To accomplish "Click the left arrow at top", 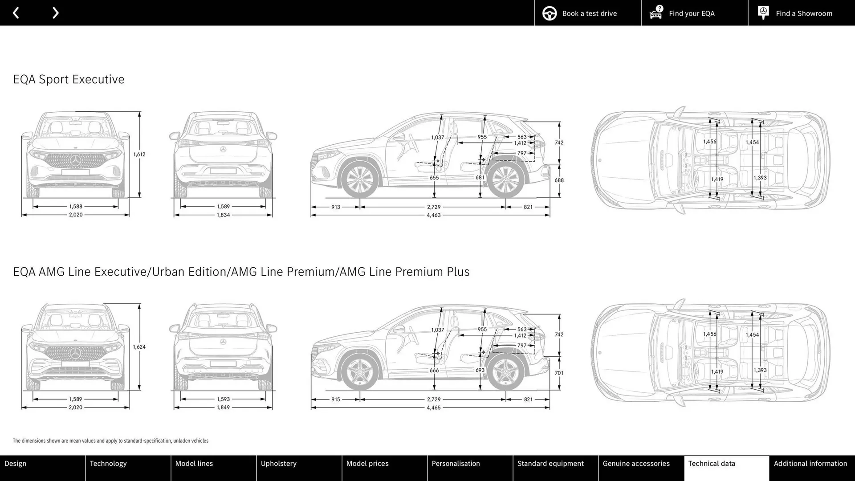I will (16, 13).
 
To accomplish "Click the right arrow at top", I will (55, 13).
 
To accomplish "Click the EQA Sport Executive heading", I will (69, 79).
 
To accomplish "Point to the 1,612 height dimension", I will (139, 155).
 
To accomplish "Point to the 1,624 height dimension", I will (139, 347).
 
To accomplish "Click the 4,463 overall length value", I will (433, 215).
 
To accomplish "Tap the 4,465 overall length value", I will (433, 408).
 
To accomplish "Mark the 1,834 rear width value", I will (223, 215).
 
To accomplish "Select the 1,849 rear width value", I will (223, 408).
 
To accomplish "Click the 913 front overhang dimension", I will (335, 207).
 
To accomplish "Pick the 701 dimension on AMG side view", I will (559, 373).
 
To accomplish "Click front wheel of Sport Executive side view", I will (359, 179).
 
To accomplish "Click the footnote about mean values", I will (110, 441).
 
